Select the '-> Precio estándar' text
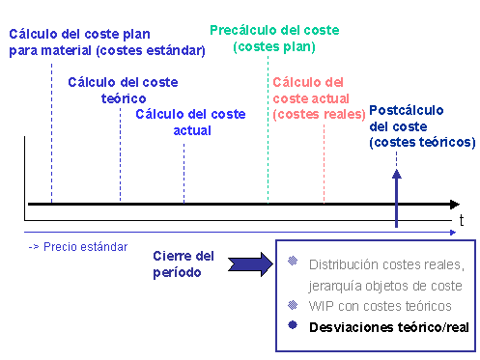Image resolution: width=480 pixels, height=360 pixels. click(x=77, y=246)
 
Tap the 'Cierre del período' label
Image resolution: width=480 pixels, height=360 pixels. click(x=184, y=263)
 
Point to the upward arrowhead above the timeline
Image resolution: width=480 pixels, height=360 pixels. click(x=396, y=176)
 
